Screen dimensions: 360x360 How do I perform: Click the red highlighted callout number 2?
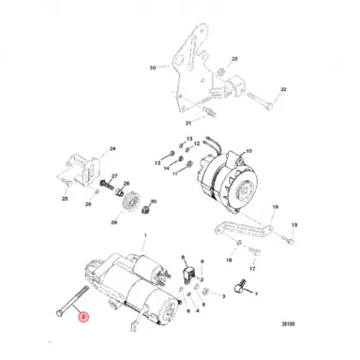point(83,318)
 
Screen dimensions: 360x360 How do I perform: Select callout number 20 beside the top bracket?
point(154,68)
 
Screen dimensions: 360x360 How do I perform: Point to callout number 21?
point(187,124)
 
